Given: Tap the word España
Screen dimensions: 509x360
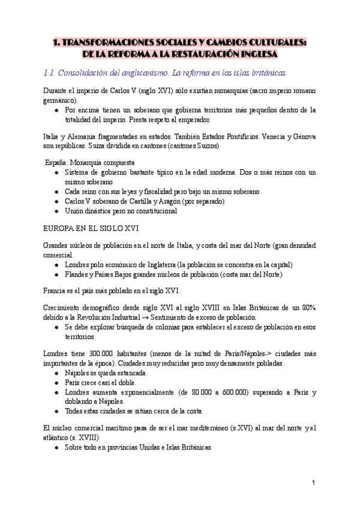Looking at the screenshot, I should pos(58,163).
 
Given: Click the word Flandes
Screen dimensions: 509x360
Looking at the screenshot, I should pos(76,274).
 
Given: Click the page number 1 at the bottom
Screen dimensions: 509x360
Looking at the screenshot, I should pos(314,483).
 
